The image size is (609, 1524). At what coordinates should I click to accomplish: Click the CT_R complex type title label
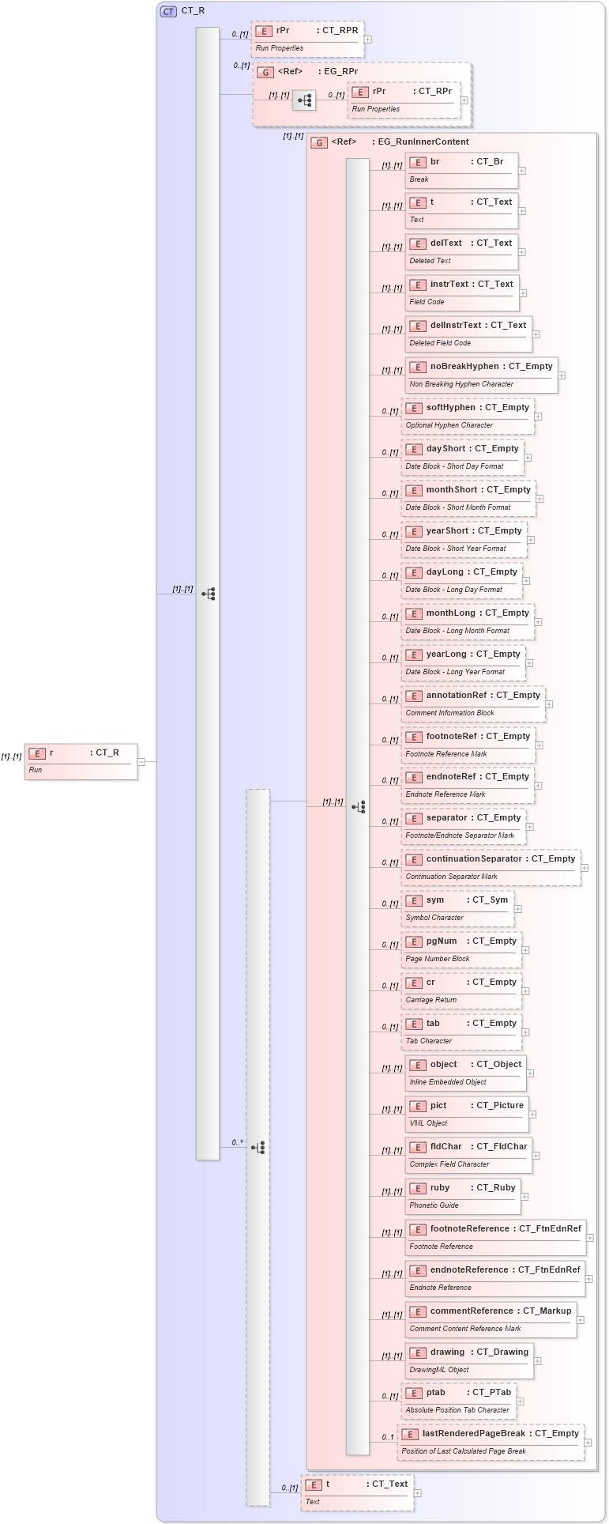point(193,11)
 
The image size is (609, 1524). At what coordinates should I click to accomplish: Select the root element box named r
point(81,760)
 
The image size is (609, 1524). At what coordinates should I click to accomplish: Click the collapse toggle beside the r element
point(141,762)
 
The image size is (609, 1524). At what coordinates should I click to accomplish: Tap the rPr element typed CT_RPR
point(307,39)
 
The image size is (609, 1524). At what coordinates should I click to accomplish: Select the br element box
point(461,170)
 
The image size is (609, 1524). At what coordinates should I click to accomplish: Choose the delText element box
point(461,251)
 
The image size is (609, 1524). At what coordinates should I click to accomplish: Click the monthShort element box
point(468,498)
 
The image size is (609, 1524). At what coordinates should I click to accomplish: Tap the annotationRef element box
point(472,704)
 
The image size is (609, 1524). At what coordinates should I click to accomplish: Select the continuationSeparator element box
point(491,867)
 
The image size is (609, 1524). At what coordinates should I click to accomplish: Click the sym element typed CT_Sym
point(457,908)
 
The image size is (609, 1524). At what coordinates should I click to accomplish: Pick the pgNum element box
point(461,949)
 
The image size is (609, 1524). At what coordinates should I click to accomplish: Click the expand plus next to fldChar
point(536,1156)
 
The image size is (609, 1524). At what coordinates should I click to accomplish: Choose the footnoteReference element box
point(495,1237)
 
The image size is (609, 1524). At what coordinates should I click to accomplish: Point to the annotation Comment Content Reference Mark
point(465,1329)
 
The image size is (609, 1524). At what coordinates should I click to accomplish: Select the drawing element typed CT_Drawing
point(469,1360)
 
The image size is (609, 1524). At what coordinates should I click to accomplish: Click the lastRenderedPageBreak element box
point(490,1442)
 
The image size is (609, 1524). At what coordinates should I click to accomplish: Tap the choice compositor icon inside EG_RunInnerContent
point(359,807)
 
